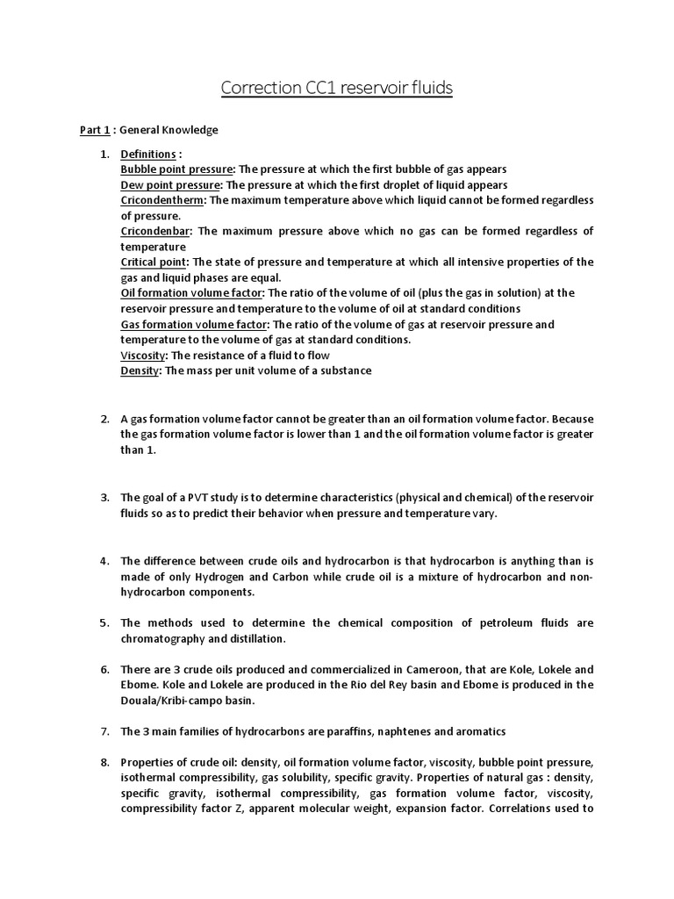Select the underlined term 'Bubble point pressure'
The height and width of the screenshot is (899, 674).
176,169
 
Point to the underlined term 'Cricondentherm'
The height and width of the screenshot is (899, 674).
161,200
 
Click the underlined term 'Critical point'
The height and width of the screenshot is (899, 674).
154,262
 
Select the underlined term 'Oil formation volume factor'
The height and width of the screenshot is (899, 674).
191,292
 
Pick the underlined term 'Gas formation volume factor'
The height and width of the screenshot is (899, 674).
193,324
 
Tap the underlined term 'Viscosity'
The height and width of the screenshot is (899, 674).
143,355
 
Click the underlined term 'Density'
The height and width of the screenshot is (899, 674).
140,370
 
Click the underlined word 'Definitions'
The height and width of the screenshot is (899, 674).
148,154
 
